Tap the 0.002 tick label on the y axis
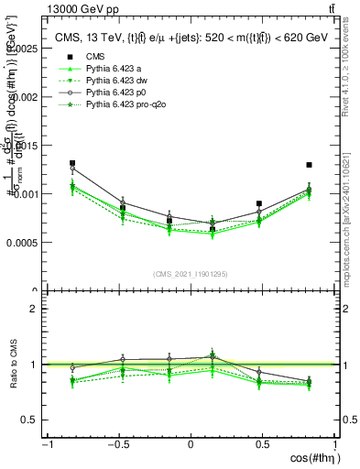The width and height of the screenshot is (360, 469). coord(23,97)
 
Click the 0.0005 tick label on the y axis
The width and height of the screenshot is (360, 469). coord(20,244)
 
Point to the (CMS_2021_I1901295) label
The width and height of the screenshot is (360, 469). coord(191,274)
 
